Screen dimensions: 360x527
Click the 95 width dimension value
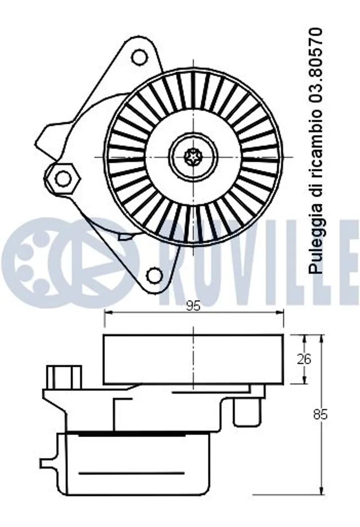(x=193, y=306)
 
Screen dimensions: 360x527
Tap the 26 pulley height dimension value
(x=304, y=359)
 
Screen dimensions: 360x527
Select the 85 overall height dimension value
(x=320, y=415)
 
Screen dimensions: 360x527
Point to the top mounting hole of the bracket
(x=139, y=57)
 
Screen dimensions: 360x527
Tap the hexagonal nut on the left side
(x=63, y=178)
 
